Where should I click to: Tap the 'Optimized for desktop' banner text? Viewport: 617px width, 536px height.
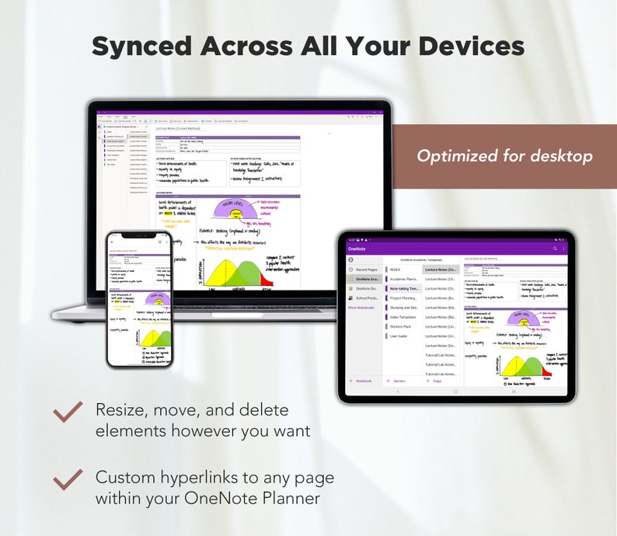(x=504, y=156)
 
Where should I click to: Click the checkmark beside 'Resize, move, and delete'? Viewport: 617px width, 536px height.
(x=68, y=412)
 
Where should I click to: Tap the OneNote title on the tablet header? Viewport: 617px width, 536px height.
(x=357, y=249)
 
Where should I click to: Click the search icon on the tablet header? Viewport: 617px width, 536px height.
(x=555, y=249)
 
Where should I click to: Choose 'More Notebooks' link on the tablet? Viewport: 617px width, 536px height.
(x=361, y=308)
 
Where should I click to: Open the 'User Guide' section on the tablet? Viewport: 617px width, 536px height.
(x=399, y=336)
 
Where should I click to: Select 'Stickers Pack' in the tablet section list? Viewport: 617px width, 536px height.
(x=402, y=326)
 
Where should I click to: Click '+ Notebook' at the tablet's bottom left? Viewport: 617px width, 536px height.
(x=361, y=381)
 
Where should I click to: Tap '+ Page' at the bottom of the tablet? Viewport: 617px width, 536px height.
(x=436, y=381)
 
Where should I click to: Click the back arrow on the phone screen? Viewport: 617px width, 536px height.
(x=112, y=242)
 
